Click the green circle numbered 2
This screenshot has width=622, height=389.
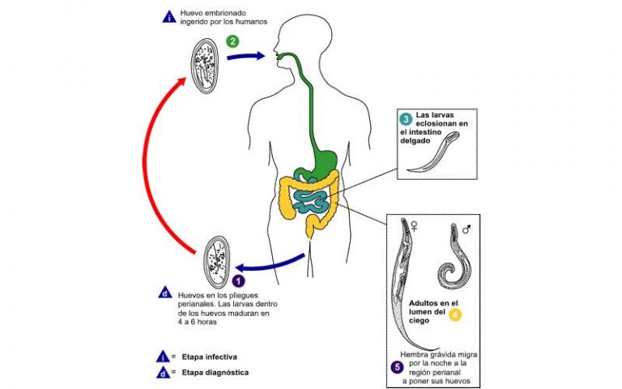(x=232, y=41)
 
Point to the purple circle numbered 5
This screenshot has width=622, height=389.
(x=398, y=367)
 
